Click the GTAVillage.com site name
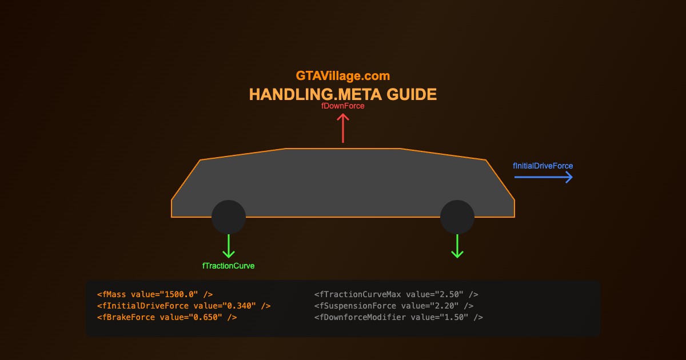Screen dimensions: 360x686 point(343,75)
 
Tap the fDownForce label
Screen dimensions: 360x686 point(343,106)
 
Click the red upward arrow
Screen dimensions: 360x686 point(343,128)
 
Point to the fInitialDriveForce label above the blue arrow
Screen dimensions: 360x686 point(543,166)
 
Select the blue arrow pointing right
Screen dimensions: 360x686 point(543,178)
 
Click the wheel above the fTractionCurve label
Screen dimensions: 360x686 point(229,217)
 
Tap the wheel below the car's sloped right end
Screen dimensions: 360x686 point(457,217)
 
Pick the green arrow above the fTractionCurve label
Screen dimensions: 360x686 point(229,246)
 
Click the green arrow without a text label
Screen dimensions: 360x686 point(457,246)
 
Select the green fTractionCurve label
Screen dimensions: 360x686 point(229,266)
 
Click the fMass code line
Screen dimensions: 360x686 point(155,294)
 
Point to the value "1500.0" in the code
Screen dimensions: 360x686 point(181,294)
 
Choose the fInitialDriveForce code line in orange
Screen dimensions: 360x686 point(184,306)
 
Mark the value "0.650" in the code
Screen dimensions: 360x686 point(207,317)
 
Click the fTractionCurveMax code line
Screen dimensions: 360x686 point(396,294)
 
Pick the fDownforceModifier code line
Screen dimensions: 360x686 point(398,317)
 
